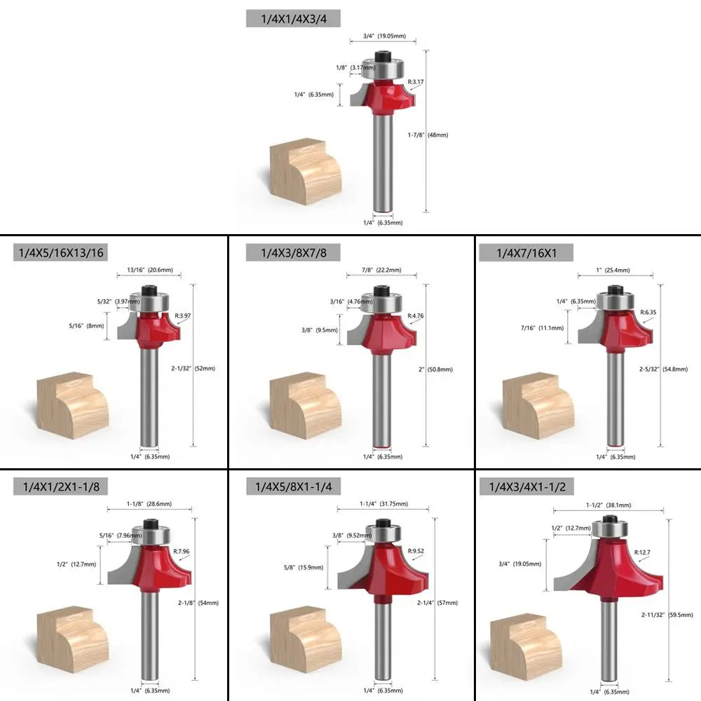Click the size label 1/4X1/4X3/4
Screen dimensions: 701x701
pyautogui.click(x=293, y=19)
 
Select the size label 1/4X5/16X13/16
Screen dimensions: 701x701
pyautogui.click(x=61, y=252)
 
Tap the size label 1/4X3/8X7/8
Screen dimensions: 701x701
pyautogui.click(x=294, y=252)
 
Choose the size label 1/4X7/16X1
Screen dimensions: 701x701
pyautogui.click(x=526, y=252)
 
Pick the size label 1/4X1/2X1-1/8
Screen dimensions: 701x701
pyautogui.click(x=61, y=486)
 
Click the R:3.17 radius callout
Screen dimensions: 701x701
pyautogui.click(x=416, y=82)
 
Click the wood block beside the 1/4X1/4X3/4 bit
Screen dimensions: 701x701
pyautogui.click(x=305, y=172)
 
